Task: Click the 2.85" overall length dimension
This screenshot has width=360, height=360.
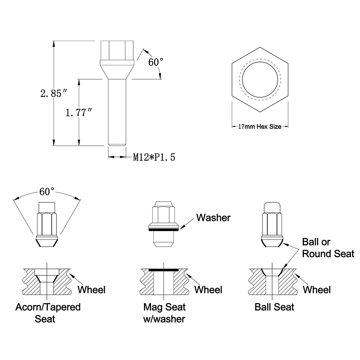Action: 54,94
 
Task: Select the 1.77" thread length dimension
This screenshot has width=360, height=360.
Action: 79,112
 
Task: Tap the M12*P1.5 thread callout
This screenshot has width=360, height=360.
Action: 154,157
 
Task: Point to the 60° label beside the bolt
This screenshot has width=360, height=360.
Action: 156,62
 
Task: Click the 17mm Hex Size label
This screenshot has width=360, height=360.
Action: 260,126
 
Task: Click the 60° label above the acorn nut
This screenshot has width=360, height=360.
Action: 47,192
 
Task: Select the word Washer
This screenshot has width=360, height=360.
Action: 213,218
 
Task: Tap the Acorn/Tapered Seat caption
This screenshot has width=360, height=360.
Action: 48,313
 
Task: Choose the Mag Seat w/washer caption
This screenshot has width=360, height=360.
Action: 164,313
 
